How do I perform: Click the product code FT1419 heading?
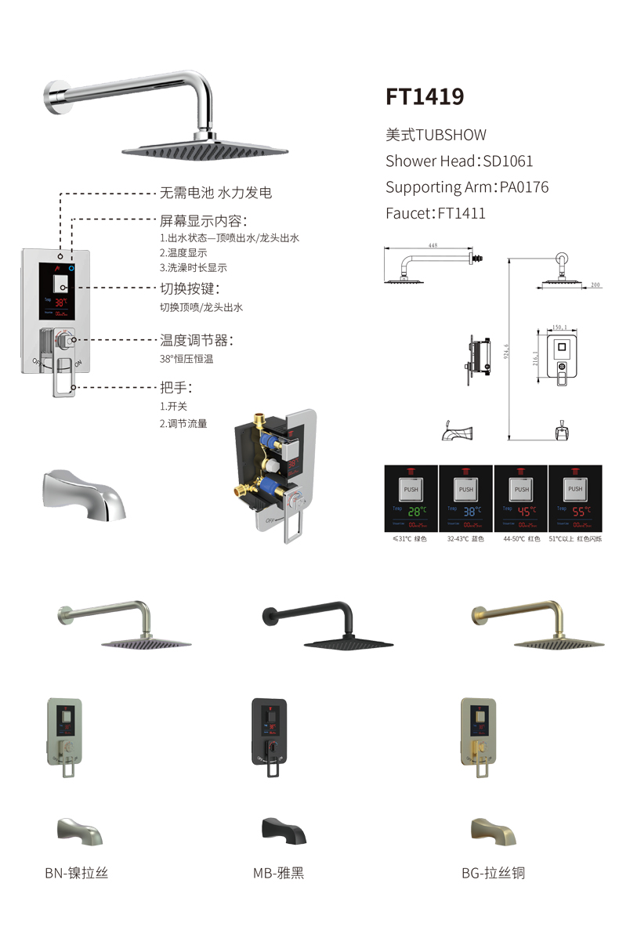(425, 96)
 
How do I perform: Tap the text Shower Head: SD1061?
(459, 161)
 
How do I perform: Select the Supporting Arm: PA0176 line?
(467, 186)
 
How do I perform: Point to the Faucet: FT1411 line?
(436, 212)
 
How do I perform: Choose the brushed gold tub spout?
(492, 830)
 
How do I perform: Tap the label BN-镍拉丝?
(76, 872)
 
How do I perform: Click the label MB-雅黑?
(278, 872)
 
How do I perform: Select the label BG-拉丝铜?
(493, 872)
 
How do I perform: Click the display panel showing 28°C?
(411, 499)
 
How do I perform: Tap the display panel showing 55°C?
(575, 499)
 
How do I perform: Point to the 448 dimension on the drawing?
(433, 245)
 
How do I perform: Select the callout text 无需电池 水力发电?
(216, 193)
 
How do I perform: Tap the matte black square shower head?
(349, 638)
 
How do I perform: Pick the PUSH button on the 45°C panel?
(521, 489)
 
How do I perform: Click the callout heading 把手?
(176, 387)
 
